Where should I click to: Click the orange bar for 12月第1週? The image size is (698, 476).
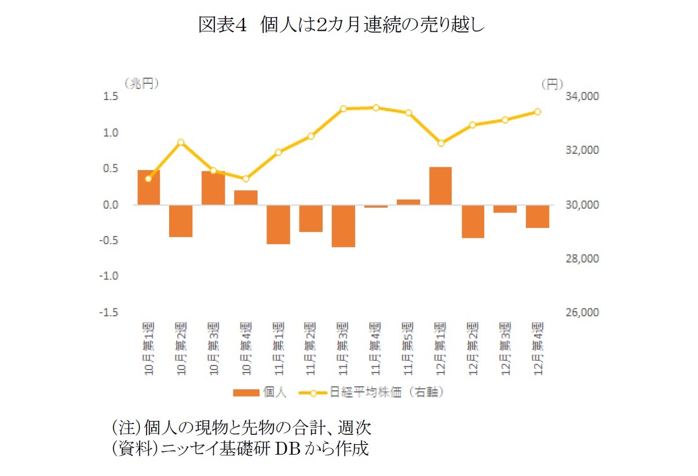pyautogui.click(x=440, y=186)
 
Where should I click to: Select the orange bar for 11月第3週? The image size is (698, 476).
pyautogui.click(x=343, y=226)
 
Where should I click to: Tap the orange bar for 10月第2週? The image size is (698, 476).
pyautogui.click(x=181, y=220)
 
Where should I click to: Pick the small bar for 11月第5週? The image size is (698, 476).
pyautogui.click(x=408, y=202)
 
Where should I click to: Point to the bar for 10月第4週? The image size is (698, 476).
pyautogui.click(x=246, y=197)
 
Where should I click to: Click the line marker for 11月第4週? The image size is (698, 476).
pyautogui.click(x=376, y=108)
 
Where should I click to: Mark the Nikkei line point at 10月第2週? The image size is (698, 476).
pyautogui.click(x=181, y=142)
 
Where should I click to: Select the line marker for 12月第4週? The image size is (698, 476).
pyautogui.click(x=537, y=112)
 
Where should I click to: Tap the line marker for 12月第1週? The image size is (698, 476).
pyautogui.click(x=441, y=143)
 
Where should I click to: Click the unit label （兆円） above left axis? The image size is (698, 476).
pyautogui.click(x=141, y=83)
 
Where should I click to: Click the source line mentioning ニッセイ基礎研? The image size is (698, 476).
pyautogui.click(x=240, y=449)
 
